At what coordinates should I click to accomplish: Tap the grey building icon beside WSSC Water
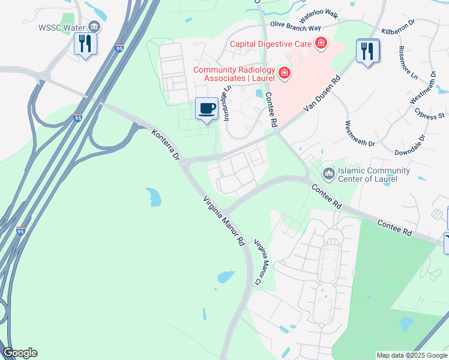94,26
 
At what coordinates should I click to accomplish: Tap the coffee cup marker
207,109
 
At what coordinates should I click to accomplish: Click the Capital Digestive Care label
271,43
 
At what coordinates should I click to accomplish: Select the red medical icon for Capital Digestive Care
322,43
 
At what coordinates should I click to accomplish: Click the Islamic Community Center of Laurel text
375,175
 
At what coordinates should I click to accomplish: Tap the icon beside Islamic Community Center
328,174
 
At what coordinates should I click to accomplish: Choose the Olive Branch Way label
295,27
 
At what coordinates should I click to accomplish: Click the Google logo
20,353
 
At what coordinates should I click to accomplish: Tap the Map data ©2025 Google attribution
411,355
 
